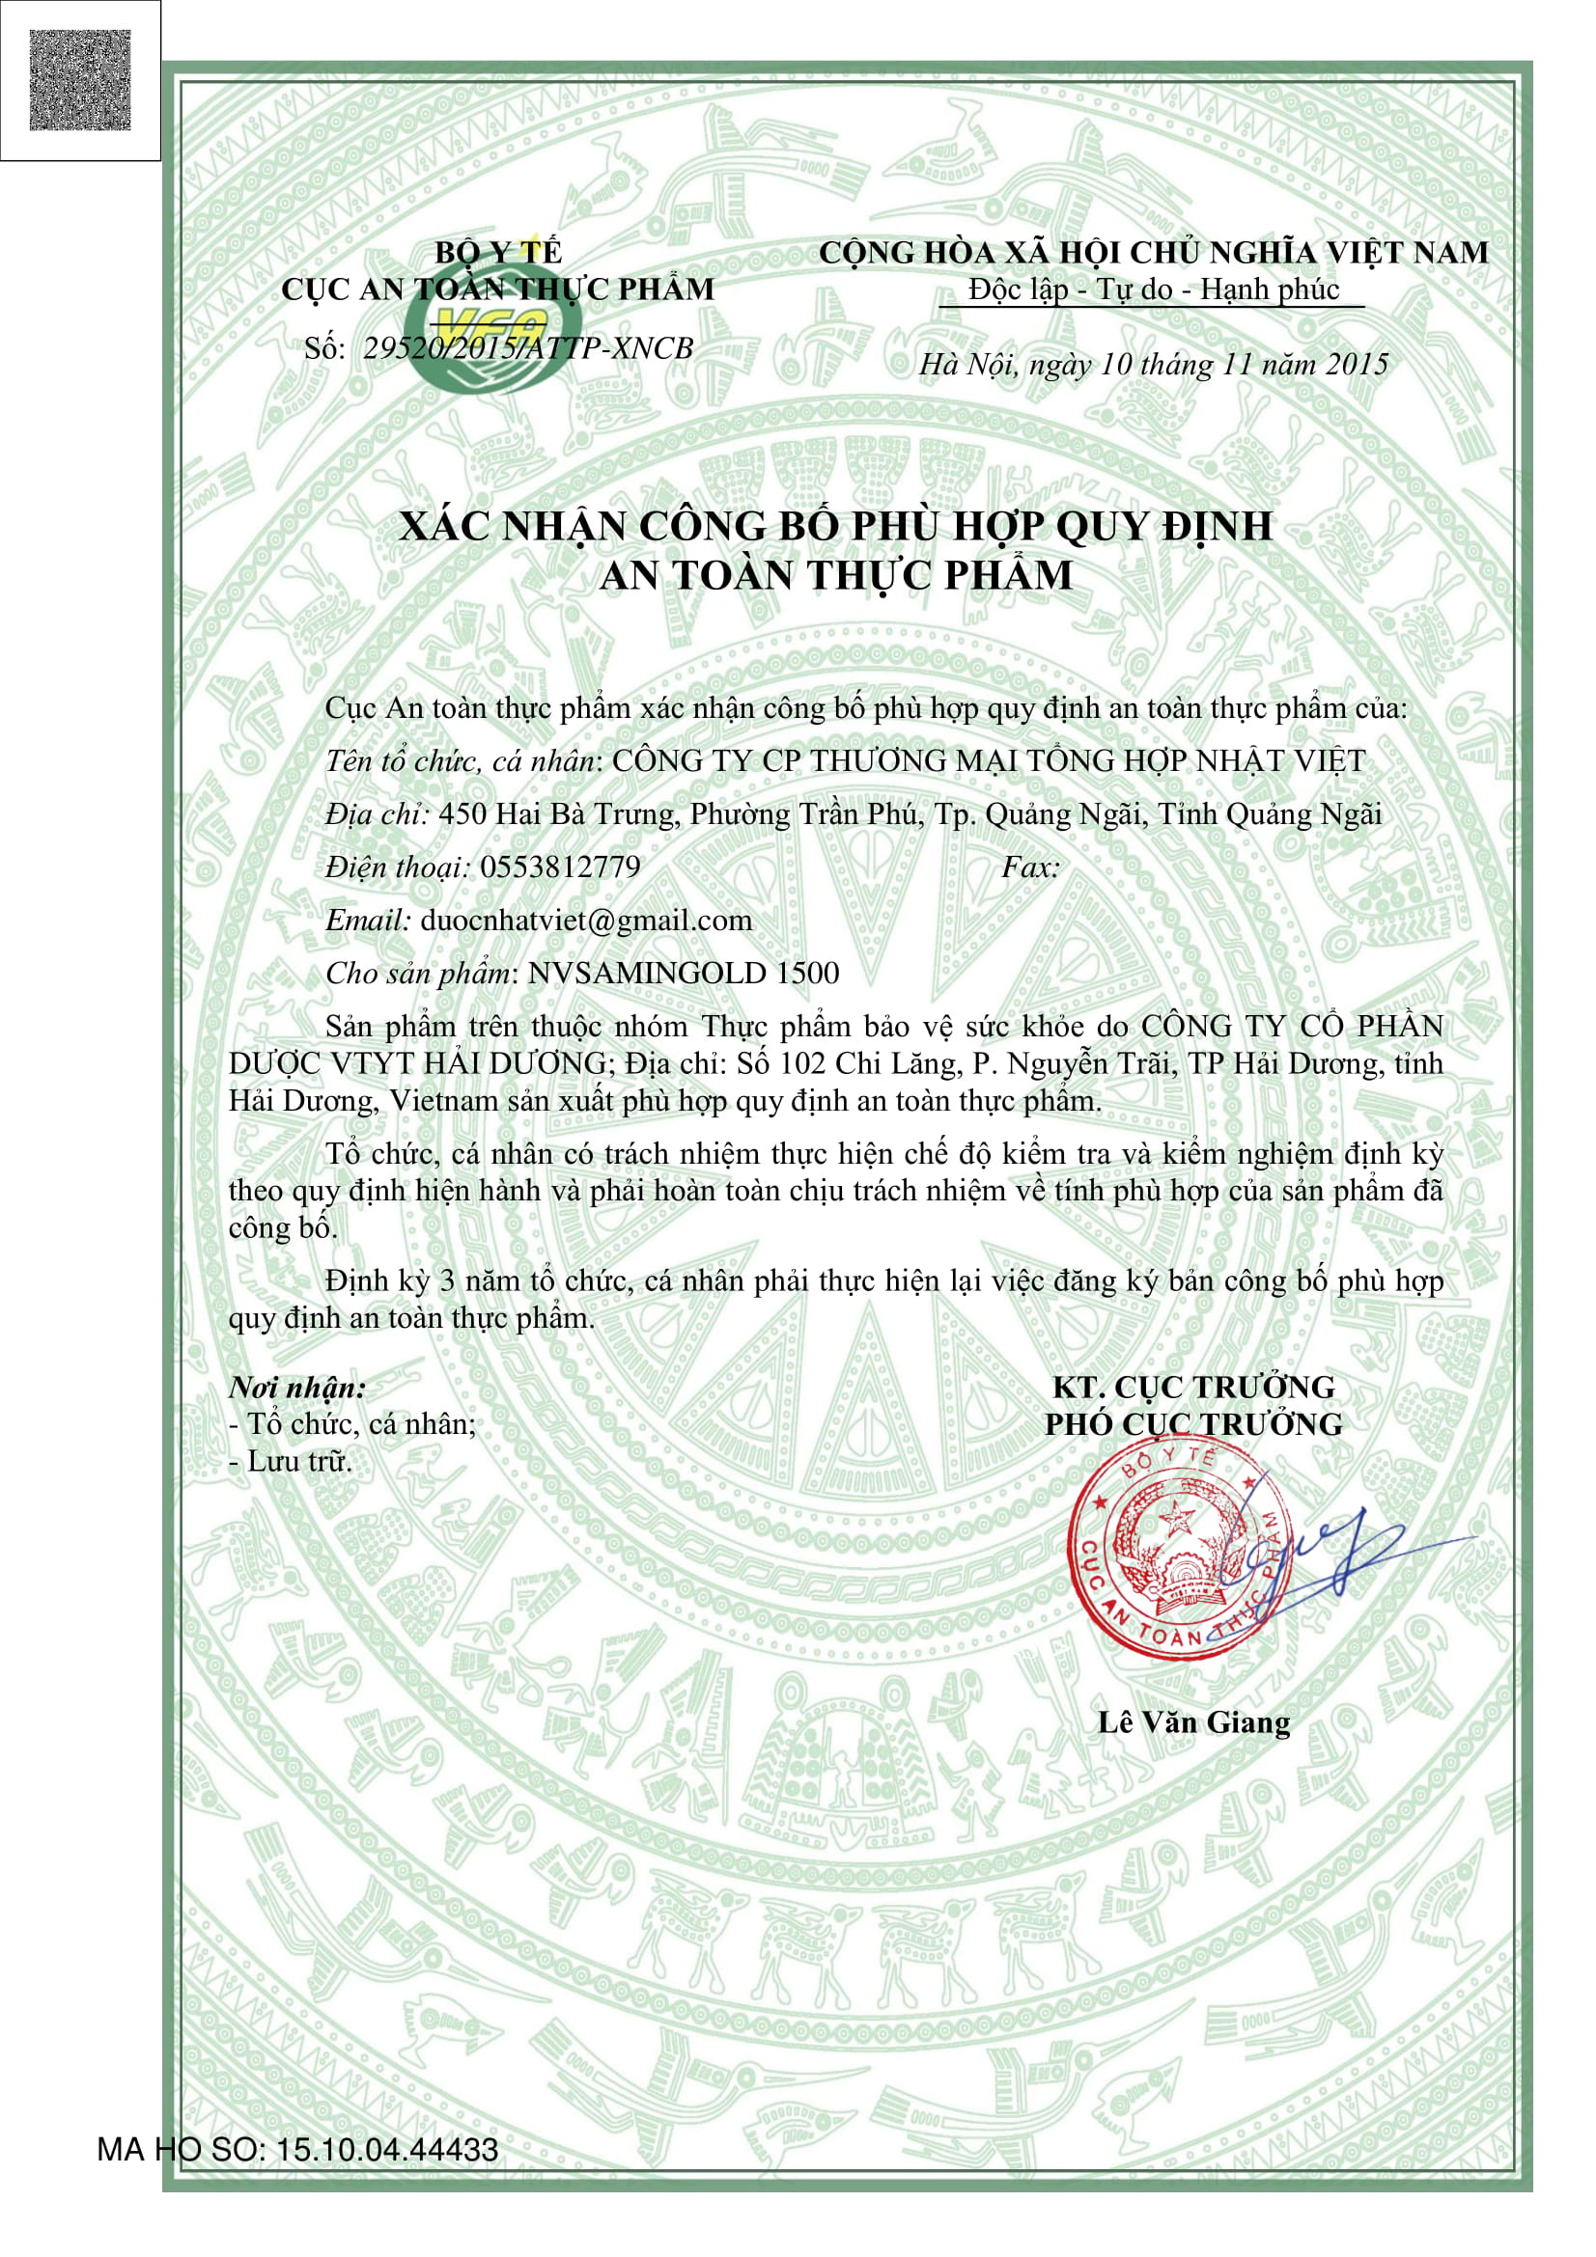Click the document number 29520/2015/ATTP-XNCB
pos(528,348)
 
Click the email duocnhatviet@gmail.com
pos(586,920)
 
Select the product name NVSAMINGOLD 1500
pos(684,973)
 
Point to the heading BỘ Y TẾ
pos(497,253)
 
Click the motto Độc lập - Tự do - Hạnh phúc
pos(1153,289)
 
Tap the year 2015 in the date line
pos(1356,365)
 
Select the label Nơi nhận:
pos(297,1387)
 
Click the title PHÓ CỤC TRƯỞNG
pos(1192,1423)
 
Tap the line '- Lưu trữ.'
pos(289,1461)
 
